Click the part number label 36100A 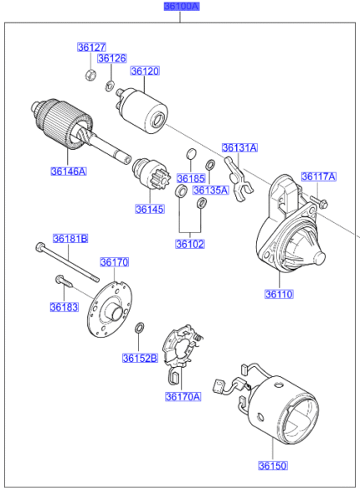[181, 7]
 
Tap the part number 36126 [111, 59]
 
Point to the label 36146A [68, 171]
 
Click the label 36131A [239, 148]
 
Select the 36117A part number [318, 177]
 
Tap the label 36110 [280, 294]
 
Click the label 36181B [71, 239]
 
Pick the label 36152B [140, 358]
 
